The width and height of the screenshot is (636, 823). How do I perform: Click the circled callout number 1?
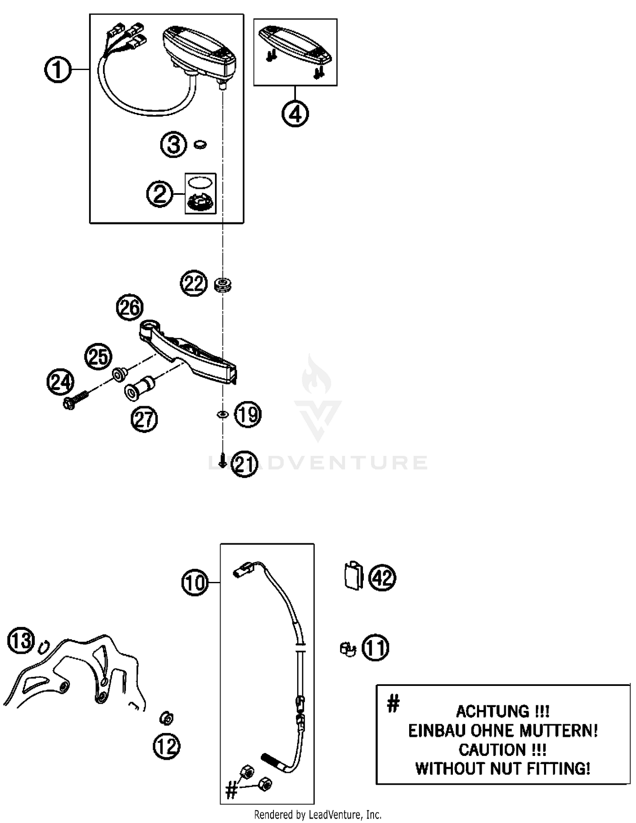click(58, 70)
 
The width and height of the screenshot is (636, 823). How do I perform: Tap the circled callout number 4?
click(295, 114)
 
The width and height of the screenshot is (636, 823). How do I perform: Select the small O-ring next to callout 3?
click(200, 145)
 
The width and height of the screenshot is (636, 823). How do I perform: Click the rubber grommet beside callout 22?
click(223, 284)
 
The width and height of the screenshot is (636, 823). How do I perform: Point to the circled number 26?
click(130, 307)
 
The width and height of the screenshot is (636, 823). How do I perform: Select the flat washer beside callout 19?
click(223, 414)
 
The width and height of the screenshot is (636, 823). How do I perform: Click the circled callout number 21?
click(245, 464)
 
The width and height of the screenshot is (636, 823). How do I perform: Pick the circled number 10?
click(195, 582)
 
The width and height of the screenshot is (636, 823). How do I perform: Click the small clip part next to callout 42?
click(353, 576)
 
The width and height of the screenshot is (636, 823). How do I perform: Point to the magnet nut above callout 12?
click(166, 718)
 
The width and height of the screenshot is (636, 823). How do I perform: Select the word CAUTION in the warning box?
click(492, 750)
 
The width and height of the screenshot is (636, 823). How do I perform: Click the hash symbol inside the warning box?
click(393, 703)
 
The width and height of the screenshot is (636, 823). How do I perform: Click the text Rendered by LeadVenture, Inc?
click(318, 815)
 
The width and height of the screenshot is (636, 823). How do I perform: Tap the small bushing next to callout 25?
click(120, 375)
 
